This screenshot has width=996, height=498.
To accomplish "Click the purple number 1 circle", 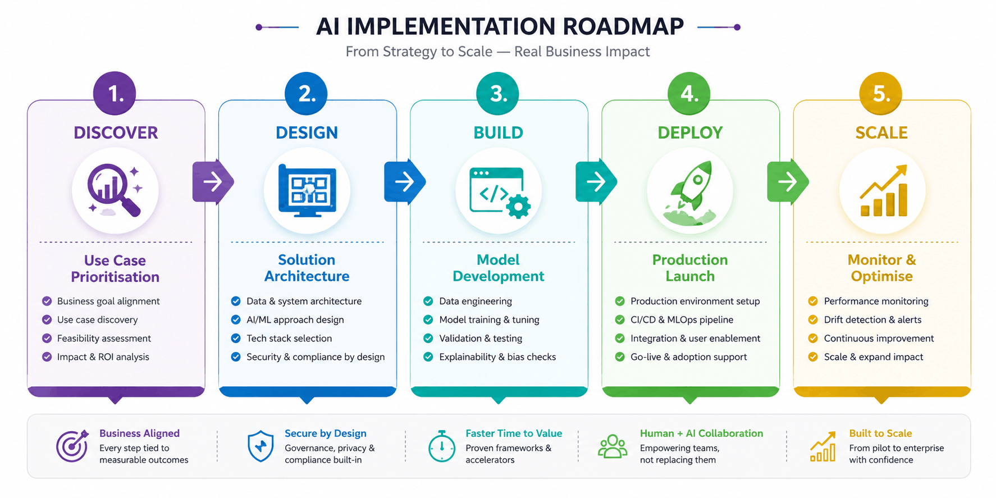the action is coord(115,93).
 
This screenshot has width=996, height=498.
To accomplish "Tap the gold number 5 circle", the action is coord(881,93).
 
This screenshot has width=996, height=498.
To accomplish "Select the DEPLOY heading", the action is coord(690,133).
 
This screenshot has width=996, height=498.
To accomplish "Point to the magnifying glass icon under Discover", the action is coord(115,190).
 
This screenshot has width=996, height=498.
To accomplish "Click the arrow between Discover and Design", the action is coord(213,181).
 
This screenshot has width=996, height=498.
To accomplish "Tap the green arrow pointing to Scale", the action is coord(788,181).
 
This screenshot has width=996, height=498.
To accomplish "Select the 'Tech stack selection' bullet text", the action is coord(289,338).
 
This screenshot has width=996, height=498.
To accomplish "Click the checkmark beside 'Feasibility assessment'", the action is coord(47,339).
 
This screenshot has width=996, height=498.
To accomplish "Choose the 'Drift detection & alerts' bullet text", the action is coord(872,319).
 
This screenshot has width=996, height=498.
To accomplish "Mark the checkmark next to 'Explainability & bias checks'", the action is coord(428,357).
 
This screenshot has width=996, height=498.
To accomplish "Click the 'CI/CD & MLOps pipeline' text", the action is coord(682,319).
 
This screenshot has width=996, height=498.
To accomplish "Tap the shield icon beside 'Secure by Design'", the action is coord(261,446).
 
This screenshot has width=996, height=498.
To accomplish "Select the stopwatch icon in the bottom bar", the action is coord(442,446).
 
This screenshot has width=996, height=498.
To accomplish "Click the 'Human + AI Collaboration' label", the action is coord(701,433).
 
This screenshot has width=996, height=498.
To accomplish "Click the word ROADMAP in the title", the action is coord(623,26).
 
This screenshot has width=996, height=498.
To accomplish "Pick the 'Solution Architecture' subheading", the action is coord(307,268).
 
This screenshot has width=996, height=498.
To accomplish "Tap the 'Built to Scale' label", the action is coord(880,433).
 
